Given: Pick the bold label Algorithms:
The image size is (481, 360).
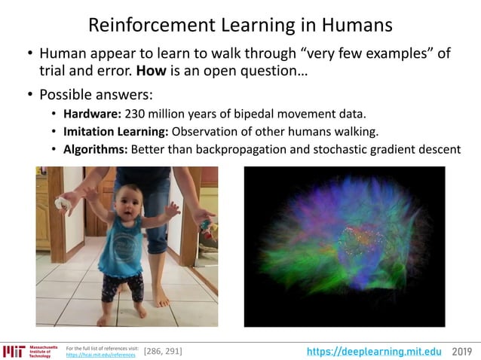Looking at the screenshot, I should [95, 149].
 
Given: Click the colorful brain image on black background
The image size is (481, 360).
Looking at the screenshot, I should [345, 246].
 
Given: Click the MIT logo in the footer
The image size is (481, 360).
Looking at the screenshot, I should [14, 351].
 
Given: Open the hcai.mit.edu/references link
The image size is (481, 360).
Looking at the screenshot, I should [101, 355].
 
